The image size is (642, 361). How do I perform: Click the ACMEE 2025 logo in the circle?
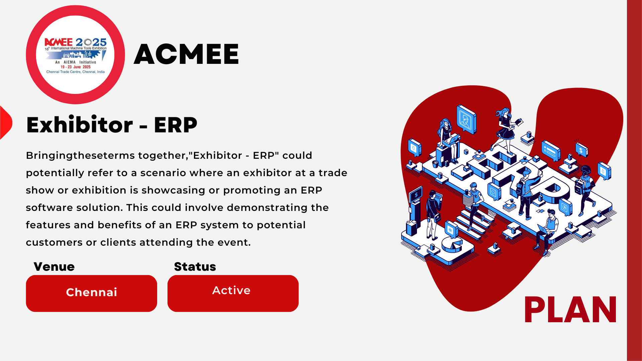coord(75,55)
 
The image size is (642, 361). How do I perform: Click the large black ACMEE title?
coord(186,54)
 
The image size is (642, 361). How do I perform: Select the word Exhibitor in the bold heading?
coord(80,125)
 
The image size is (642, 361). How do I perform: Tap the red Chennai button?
coord(91,293)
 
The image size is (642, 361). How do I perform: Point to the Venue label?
coord(54,266)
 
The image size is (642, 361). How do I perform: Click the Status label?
coord(195,266)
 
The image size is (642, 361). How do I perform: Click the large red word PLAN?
coord(570,310)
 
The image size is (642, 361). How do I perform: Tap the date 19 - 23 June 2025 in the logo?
coord(76,67)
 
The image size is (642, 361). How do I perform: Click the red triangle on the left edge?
coord(6,122)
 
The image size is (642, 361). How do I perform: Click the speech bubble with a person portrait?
coord(466,119)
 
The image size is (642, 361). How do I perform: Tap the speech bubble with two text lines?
coord(551,150)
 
